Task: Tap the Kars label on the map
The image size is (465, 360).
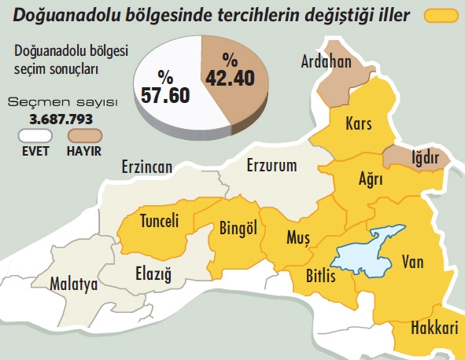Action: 359,124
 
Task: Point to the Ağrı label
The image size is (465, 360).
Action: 370,180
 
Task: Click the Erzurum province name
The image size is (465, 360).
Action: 271,166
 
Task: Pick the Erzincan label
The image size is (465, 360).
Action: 146,167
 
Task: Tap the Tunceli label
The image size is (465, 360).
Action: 159,221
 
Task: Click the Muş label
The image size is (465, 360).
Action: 298,237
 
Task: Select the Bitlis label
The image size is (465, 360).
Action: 320,277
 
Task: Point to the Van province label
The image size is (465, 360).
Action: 412,262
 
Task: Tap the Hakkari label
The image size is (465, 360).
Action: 434,331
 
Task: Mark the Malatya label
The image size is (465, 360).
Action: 73,285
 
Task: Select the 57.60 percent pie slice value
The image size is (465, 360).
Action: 165,86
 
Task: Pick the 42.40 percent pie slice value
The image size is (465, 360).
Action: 230,68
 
